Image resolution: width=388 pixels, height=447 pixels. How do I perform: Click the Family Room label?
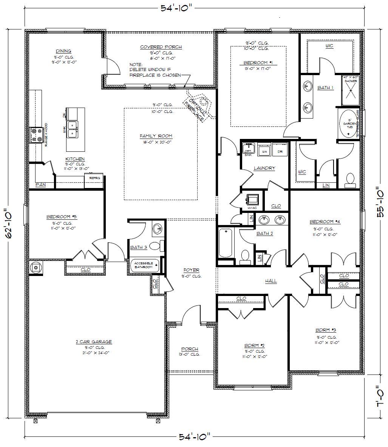pyautogui.click(x=156, y=136)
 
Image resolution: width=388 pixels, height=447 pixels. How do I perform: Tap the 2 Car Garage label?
pyautogui.click(x=93, y=342)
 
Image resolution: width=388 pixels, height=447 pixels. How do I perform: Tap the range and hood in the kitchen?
pyautogui.click(x=37, y=135)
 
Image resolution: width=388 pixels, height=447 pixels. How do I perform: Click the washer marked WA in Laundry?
pyautogui.click(x=264, y=150)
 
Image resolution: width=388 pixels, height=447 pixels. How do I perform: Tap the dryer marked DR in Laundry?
pyautogui.click(x=280, y=150)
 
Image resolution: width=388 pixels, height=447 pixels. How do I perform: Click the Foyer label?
pyautogui.click(x=192, y=270)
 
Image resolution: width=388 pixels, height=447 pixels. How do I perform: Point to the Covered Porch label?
pyautogui.click(x=161, y=47)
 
